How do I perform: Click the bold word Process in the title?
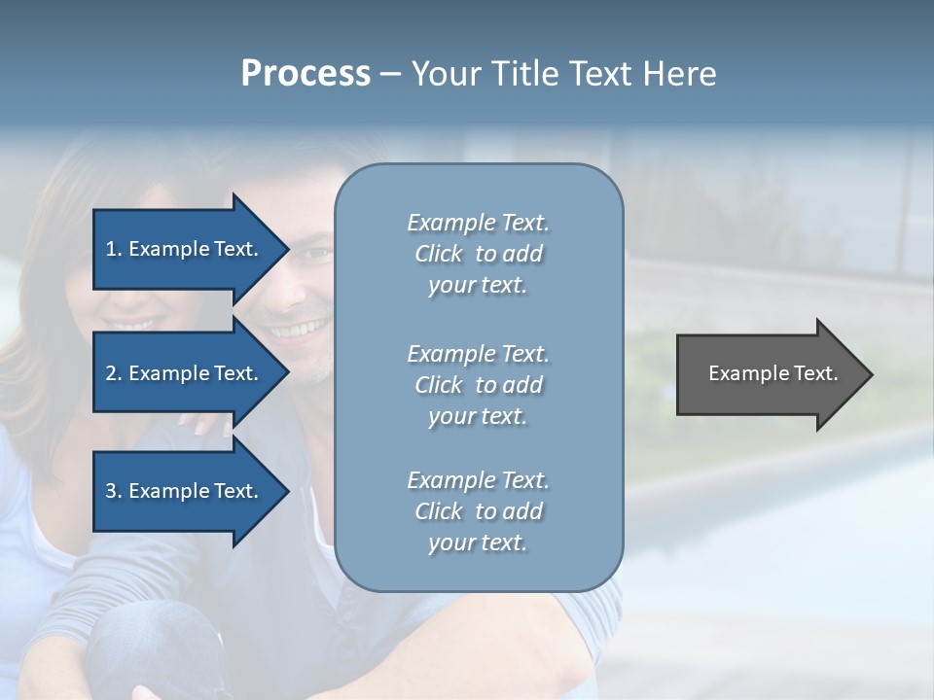(x=305, y=74)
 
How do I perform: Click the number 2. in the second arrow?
(x=114, y=373)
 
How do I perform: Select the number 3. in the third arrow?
(x=114, y=491)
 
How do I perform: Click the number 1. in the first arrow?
(x=114, y=249)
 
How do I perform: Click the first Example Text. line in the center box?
(x=478, y=223)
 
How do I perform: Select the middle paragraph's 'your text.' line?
(x=478, y=416)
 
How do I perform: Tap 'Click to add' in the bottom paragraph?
(x=478, y=511)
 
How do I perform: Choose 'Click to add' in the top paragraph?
(x=478, y=254)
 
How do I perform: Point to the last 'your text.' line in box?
(x=478, y=543)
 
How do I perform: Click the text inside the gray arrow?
(x=772, y=373)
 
